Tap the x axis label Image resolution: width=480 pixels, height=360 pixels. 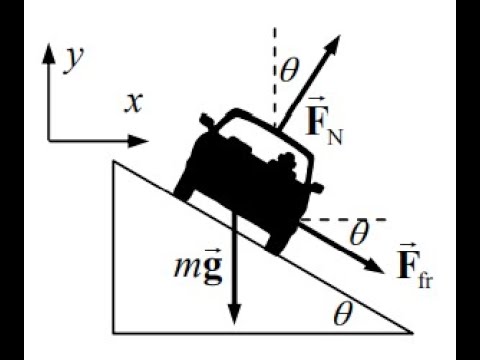pyautogui.click(x=133, y=102)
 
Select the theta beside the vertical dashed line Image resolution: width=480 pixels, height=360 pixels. pyautogui.click(x=290, y=71)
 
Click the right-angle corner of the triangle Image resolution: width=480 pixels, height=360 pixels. pyautogui.click(x=114, y=331)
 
